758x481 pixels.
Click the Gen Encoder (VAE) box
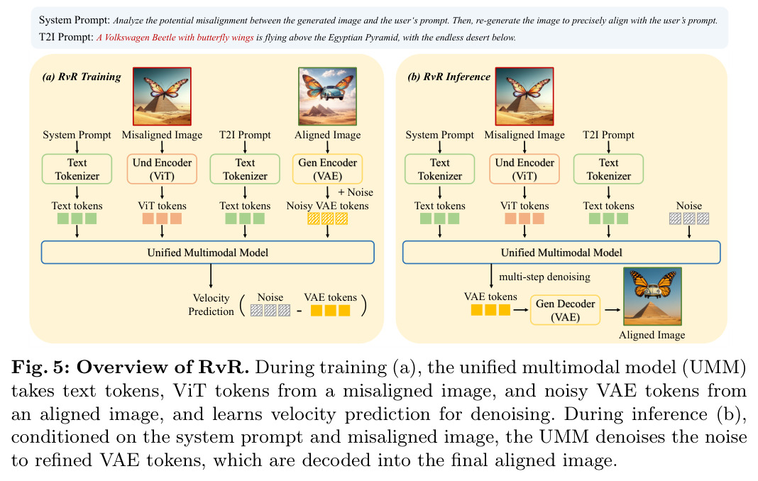327,169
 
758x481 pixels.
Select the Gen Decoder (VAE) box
565,310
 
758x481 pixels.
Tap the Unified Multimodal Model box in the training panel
208,253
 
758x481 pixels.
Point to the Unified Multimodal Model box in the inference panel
561,253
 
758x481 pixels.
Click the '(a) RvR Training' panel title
82,77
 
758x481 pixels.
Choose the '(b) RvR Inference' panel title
449,77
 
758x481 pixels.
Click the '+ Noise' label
356,192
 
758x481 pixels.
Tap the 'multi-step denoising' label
544,277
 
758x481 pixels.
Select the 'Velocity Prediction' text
211,304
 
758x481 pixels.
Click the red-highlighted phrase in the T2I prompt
175,38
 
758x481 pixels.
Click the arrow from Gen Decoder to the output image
613,309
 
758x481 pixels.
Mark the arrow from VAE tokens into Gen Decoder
521,309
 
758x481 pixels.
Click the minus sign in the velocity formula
300,311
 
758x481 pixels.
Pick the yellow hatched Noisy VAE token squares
327,219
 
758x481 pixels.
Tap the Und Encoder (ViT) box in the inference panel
524,169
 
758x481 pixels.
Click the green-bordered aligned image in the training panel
328,96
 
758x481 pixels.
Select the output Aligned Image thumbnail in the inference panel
653,297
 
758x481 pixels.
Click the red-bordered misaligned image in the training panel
162,96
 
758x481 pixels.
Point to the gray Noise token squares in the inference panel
689,219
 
